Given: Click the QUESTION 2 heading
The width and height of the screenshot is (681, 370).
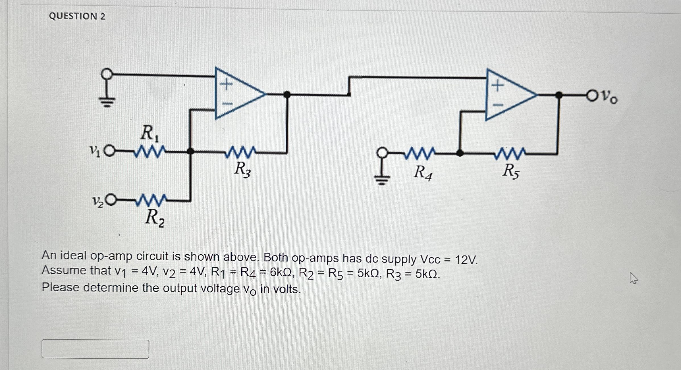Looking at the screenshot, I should tap(77, 16).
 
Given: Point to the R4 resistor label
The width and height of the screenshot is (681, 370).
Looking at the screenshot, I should tap(423, 172).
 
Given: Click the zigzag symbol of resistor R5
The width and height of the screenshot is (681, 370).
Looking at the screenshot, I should tap(510, 153).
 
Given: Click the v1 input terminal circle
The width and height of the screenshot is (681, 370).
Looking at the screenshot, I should tap(109, 151).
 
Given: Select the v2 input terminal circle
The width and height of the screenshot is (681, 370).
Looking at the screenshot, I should tap(111, 200).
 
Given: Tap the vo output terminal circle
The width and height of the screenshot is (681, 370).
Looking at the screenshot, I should tap(592, 95).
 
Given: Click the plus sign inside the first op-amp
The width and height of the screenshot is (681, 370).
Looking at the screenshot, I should tap(227, 84).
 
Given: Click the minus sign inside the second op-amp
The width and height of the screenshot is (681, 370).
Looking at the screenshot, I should tap(497, 105).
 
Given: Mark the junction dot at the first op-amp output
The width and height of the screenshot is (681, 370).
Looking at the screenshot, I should tap(287, 94).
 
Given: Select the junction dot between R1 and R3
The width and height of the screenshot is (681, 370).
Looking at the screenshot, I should tap(190, 151).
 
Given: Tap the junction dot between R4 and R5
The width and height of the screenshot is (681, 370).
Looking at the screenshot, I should tap(460, 153).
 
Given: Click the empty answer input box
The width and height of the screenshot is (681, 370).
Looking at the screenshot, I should tap(95, 349).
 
